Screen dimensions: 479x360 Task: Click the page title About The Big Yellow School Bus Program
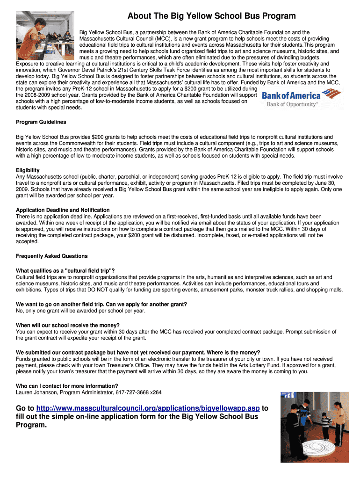click(x=211, y=16)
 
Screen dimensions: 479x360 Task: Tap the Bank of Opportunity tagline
click(x=292, y=104)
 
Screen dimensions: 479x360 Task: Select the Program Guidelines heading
click(x=41, y=122)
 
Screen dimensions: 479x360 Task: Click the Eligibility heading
click(x=28, y=170)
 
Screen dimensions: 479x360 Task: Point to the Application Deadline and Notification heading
click(x=63, y=210)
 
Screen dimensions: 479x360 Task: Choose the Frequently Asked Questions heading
click(x=52, y=256)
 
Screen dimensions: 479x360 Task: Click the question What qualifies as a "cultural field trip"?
click(x=65, y=271)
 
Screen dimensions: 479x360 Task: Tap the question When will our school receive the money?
click(x=68, y=325)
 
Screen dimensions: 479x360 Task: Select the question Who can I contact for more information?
click(x=67, y=386)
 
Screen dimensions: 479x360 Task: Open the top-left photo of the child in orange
click(x=45, y=35)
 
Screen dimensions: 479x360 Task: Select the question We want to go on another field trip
click(x=101, y=304)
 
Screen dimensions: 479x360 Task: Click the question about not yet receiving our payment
click(x=138, y=352)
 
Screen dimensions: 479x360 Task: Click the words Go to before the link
click(x=25, y=408)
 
